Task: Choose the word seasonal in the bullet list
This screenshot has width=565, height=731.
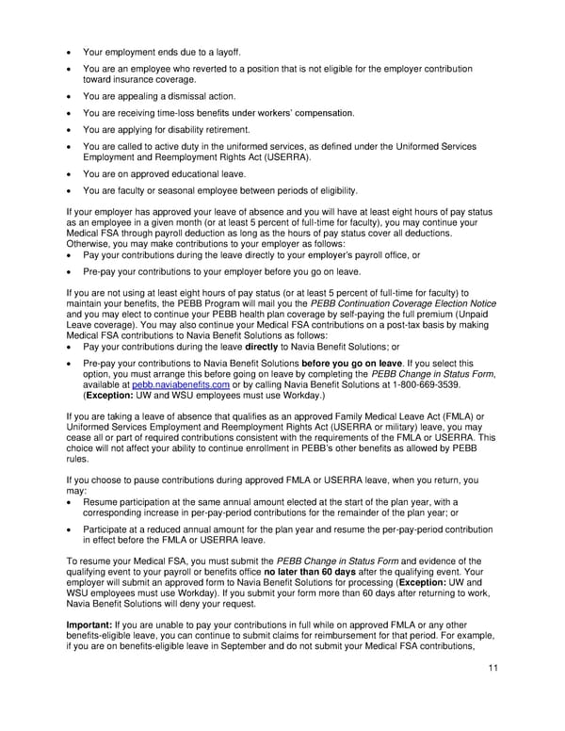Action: coord(176,190)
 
